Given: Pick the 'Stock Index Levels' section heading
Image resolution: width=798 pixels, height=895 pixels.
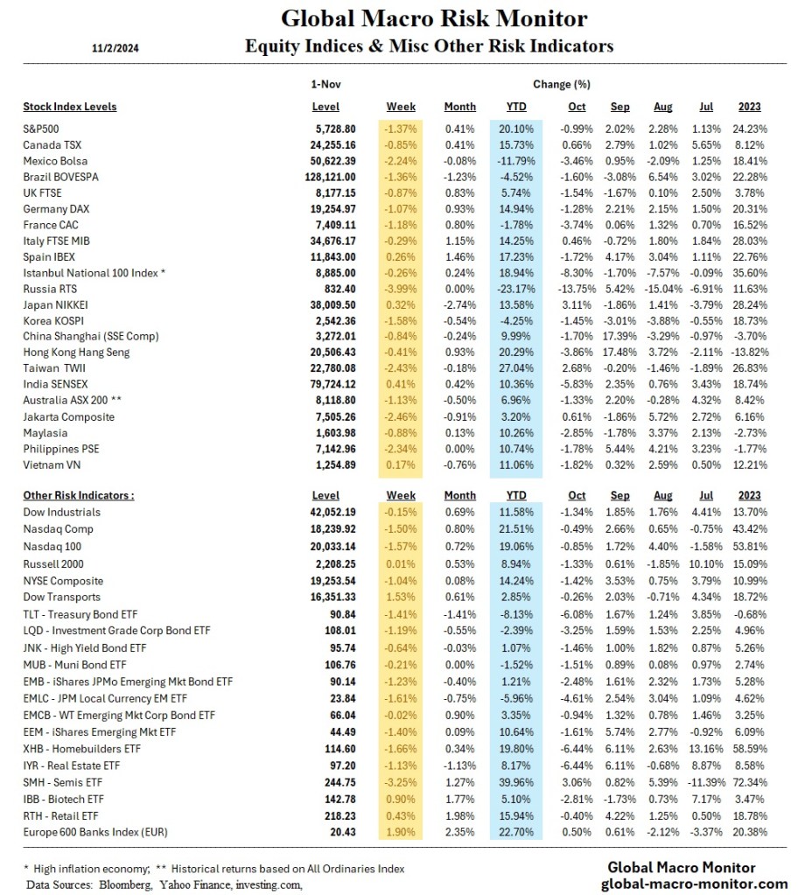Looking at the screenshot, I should click(x=69, y=108).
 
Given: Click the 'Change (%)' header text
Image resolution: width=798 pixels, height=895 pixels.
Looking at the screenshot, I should click(x=561, y=85).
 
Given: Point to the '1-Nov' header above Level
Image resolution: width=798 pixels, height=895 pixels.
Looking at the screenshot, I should click(x=325, y=85).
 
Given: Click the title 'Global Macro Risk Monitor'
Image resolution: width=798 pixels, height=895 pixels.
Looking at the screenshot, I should click(x=434, y=18).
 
